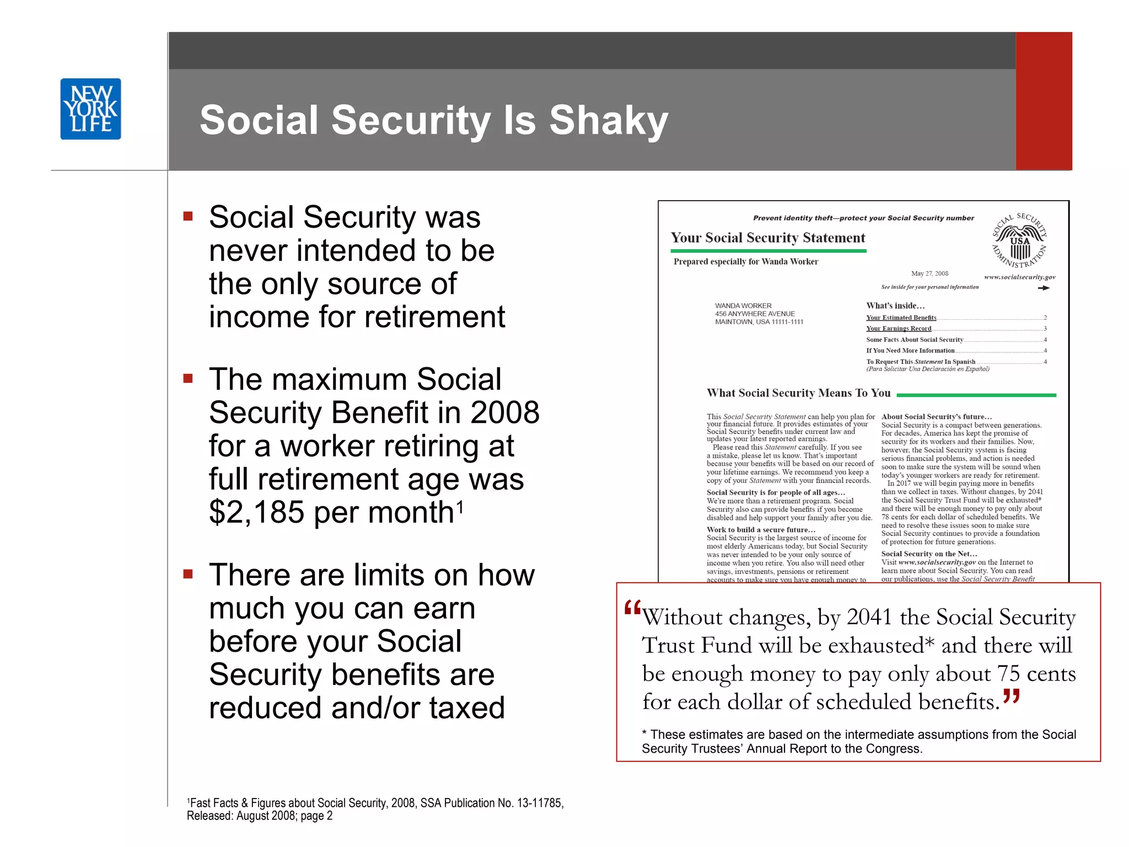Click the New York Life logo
[90, 109]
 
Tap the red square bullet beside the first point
[188, 216]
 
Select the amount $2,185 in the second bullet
[257, 512]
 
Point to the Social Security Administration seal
[1019, 240]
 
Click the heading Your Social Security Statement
[767, 238]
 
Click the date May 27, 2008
[929, 274]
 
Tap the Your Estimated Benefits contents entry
[901, 318]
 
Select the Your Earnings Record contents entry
[898, 329]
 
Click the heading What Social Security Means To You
[798, 393]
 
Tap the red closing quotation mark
[1012, 696]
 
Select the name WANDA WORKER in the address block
[743, 305]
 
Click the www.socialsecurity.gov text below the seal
[1019, 277]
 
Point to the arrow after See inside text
[1044, 288]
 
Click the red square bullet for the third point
[188, 574]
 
